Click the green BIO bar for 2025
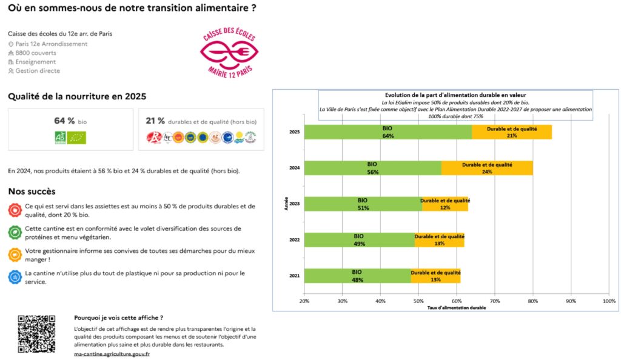[388, 132]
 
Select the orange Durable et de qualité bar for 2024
[487, 168]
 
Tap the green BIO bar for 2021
[357, 276]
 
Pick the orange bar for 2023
[445, 204]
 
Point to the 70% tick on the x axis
[495, 301]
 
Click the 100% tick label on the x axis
[609, 301]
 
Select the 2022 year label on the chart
[295, 240]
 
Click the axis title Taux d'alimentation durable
[457, 308]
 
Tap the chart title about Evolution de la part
[455, 95]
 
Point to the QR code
[36, 333]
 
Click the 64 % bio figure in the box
[64, 121]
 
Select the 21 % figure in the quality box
[155, 121]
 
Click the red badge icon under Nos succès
[15, 210]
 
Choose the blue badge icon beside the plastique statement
[15, 277]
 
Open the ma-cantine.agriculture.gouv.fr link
[112, 353]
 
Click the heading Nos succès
[32, 192]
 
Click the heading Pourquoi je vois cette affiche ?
[118, 318]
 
